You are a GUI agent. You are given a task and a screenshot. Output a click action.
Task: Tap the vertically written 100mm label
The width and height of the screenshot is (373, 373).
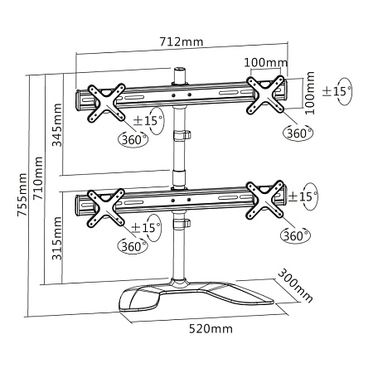pos(310,92)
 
